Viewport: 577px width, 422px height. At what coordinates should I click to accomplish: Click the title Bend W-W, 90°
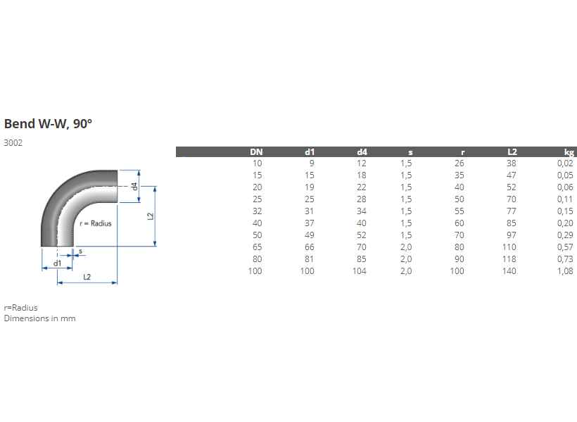(48, 124)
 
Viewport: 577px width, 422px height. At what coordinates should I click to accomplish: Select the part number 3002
(13, 143)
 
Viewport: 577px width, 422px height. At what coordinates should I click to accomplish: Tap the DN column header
(256, 152)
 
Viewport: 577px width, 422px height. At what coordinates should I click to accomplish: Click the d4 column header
(362, 152)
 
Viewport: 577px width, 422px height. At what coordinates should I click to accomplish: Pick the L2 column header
(512, 152)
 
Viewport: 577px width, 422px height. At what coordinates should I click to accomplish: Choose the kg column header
(569, 152)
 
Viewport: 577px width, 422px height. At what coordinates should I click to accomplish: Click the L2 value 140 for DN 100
(509, 271)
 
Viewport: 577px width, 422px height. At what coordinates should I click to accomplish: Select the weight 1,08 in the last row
(565, 271)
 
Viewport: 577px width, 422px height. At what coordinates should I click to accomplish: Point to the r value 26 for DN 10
(459, 163)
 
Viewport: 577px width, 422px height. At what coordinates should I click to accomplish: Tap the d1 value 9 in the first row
(312, 163)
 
